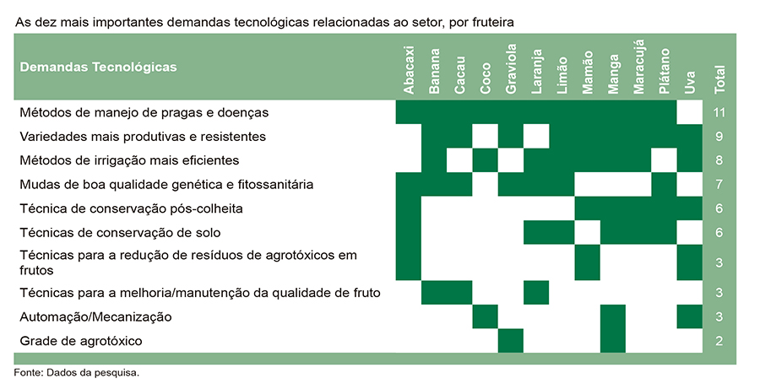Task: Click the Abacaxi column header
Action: pos(409,70)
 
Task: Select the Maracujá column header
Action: pos(639,67)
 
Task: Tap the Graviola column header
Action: pos(511,68)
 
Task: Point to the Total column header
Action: pos(719,79)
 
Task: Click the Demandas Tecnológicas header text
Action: pos(99,67)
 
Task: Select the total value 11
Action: pos(719,112)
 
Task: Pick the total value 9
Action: pos(719,137)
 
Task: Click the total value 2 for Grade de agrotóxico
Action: pos(719,341)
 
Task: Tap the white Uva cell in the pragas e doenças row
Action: pos(690,112)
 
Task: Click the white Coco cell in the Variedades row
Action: pos(486,136)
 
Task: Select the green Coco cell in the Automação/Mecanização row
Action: pos(486,316)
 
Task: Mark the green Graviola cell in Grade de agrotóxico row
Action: pos(511,341)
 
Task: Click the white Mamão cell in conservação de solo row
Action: pos(588,232)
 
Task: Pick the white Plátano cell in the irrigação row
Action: pos(664,160)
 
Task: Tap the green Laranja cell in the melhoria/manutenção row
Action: pos(536,293)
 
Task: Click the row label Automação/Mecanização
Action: pos(95,317)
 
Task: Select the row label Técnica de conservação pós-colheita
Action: pos(132,208)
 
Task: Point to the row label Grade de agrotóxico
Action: pos(81,342)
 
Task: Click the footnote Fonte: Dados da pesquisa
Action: pos(77,373)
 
